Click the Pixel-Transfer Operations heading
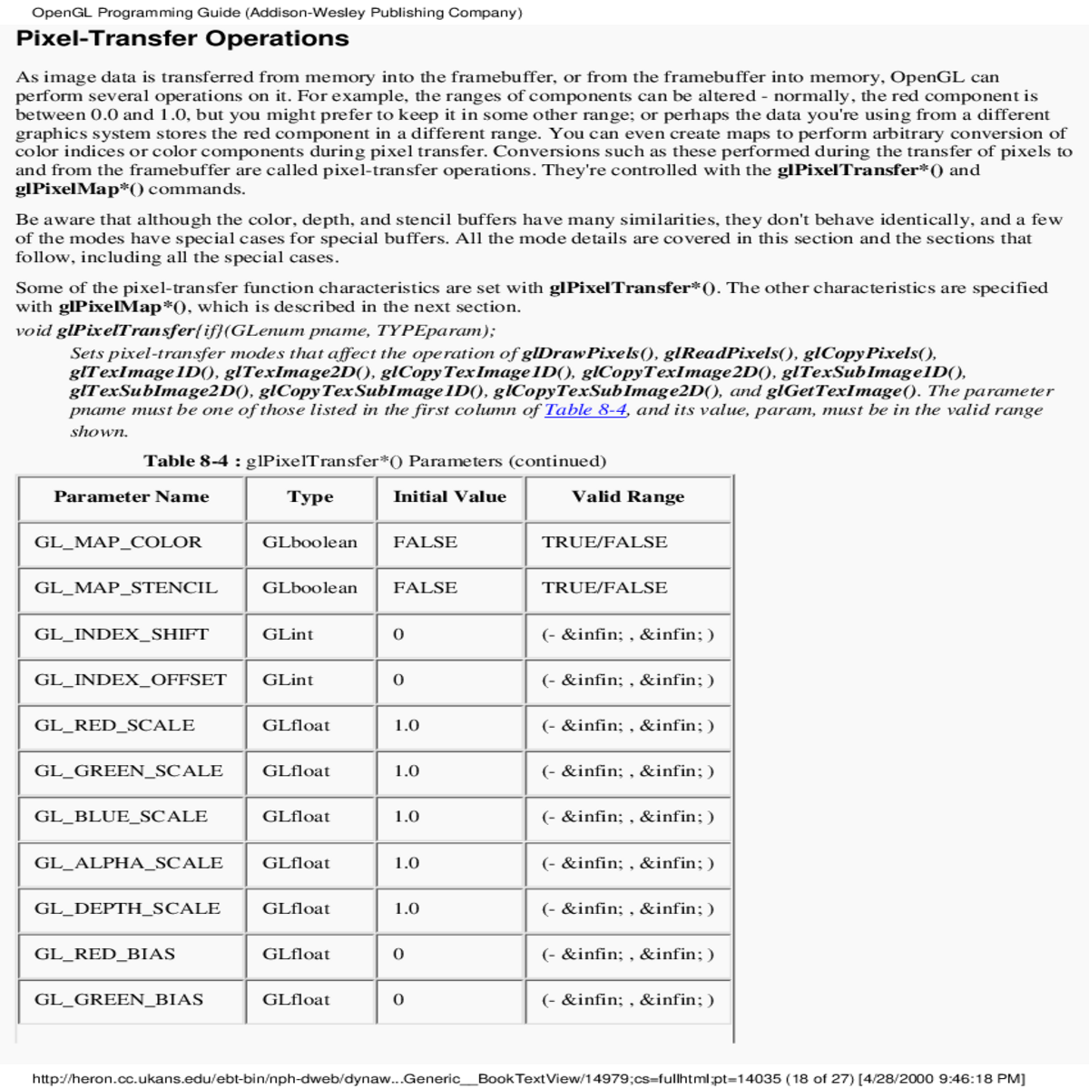(x=182, y=39)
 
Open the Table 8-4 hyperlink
(x=585, y=410)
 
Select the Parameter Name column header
(x=132, y=497)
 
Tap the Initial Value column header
(x=449, y=497)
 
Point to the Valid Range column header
(x=628, y=497)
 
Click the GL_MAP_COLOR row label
(x=118, y=543)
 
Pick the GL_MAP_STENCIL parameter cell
(x=126, y=588)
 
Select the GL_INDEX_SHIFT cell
(x=122, y=634)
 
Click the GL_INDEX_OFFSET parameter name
(x=131, y=680)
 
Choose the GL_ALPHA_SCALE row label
(x=129, y=863)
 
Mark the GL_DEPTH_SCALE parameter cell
(x=127, y=908)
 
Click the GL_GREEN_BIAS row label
(x=119, y=1000)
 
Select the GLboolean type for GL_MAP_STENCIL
(x=309, y=588)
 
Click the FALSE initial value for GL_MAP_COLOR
(x=425, y=543)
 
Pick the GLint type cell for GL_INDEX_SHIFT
(x=288, y=634)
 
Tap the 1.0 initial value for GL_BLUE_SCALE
(x=407, y=817)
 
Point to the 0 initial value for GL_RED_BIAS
(x=398, y=955)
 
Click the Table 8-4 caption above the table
(x=375, y=461)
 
